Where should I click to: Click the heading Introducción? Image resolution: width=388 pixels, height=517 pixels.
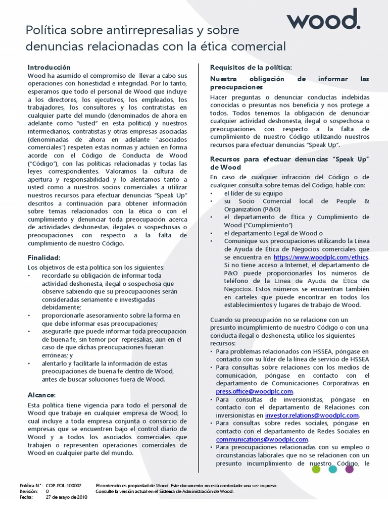(48, 67)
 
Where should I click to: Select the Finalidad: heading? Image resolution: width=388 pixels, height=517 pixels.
(43, 257)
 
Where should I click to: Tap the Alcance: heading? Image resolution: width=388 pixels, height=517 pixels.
(41, 395)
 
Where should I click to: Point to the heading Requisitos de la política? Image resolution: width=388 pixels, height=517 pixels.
(251, 67)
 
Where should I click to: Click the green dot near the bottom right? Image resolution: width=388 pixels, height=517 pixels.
(316, 469)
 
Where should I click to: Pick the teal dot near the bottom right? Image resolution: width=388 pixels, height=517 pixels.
(332, 469)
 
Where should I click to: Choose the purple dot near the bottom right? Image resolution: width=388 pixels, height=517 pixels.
(349, 469)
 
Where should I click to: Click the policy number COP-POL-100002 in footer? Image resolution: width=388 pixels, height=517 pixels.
(64, 485)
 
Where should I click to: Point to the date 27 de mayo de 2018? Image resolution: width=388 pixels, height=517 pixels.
(67, 497)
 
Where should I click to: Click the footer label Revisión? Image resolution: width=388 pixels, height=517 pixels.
(28, 491)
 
